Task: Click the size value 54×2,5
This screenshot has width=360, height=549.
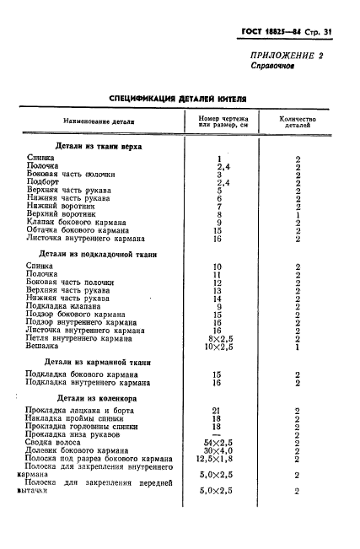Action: click(218, 443)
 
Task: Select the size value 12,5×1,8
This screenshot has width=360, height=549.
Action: click(218, 459)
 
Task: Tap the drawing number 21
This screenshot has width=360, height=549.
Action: click(218, 411)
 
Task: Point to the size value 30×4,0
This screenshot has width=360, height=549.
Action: click(218, 451)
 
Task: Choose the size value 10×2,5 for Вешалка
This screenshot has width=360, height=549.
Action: click(218, 346)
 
